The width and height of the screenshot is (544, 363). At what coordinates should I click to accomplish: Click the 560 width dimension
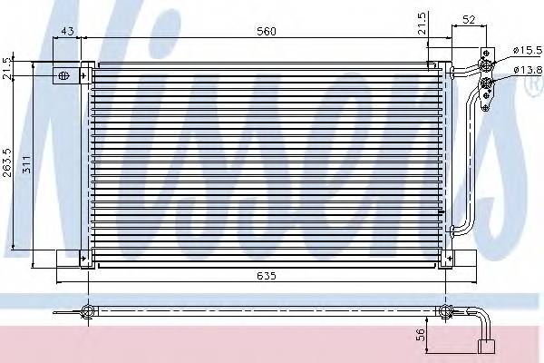(x=265, y=32)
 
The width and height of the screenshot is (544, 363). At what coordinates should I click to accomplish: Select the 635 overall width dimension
(x=265, y=275)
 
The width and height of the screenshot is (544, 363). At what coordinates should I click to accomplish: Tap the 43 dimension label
(x=66, y=32)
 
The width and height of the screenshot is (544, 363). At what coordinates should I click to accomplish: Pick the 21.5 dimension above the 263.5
(x=7, y=69)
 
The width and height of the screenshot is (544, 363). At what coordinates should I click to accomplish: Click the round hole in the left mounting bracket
(x=63, y=76)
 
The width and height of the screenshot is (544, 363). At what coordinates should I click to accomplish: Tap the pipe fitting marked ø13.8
(x=487, y=84)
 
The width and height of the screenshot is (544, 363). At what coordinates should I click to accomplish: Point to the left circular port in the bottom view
(x=88, y=313)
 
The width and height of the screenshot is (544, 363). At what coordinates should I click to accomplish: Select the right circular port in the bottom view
(x=445, y=313)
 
